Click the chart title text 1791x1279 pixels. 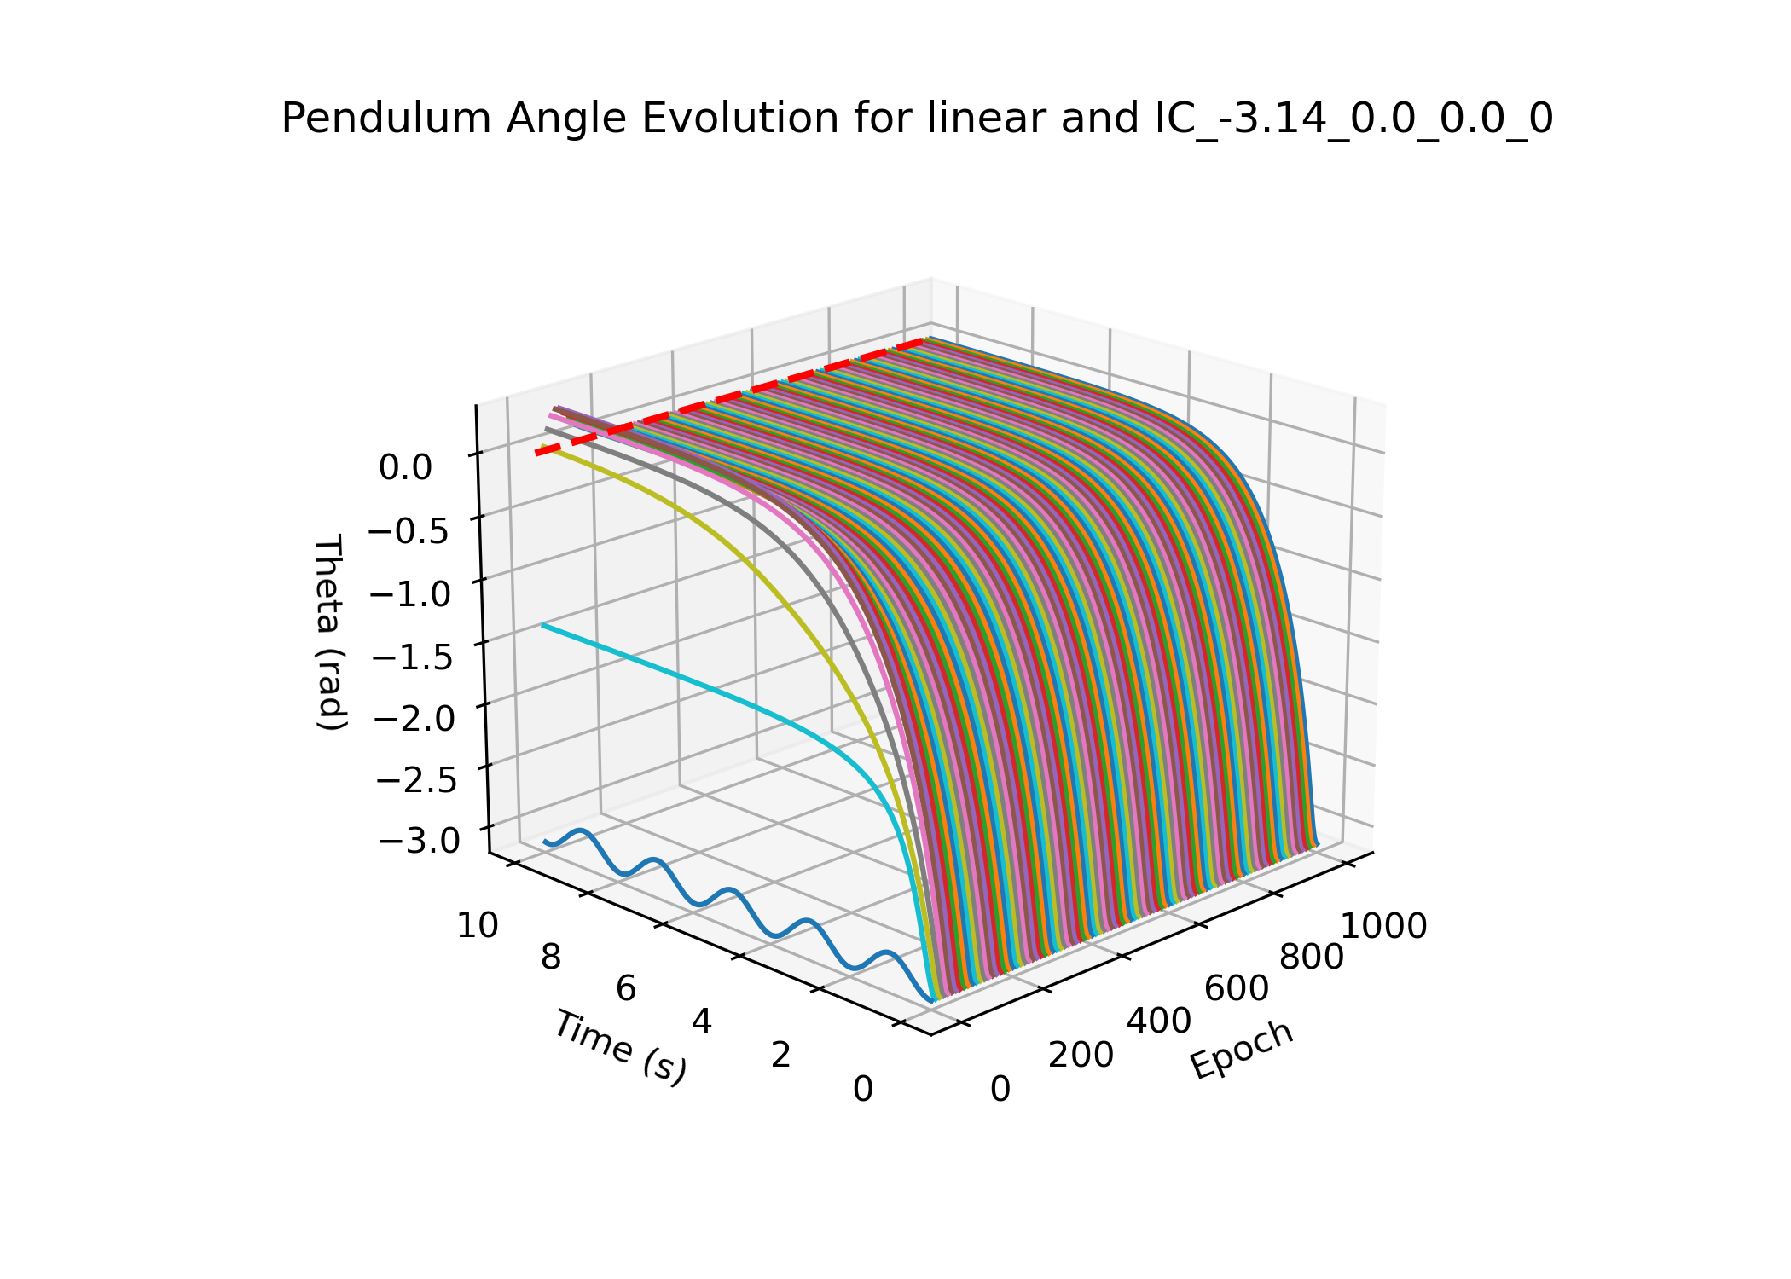click(917, 119)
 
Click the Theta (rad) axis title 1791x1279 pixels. click(329, 632)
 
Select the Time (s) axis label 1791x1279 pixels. click(620, 1048)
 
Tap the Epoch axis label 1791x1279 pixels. click(1243, 1050)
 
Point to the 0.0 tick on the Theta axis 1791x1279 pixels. click(406, 467)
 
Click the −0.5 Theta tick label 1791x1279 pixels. click(408, 530)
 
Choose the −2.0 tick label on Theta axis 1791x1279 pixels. click(414, 718)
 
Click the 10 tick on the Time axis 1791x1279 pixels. click(478, 925)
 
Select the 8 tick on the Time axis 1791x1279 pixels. click(551, 958)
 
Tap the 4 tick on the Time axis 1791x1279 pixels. click(702, 1021)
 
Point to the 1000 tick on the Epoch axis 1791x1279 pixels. click(1384, 926)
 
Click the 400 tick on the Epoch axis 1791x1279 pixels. click(1159, 1021)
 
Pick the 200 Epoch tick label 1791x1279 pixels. click(1081, 1056)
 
